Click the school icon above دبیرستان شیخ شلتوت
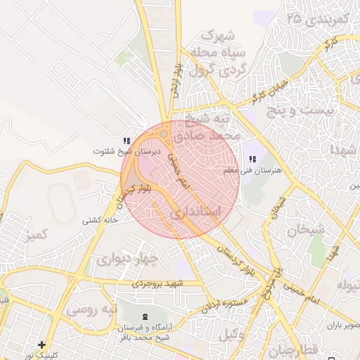127,141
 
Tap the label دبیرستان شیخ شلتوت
128,151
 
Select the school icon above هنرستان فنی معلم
252,160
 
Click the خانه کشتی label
99,220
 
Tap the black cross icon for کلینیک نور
42,345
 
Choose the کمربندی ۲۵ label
319,21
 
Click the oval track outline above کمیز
61,204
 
